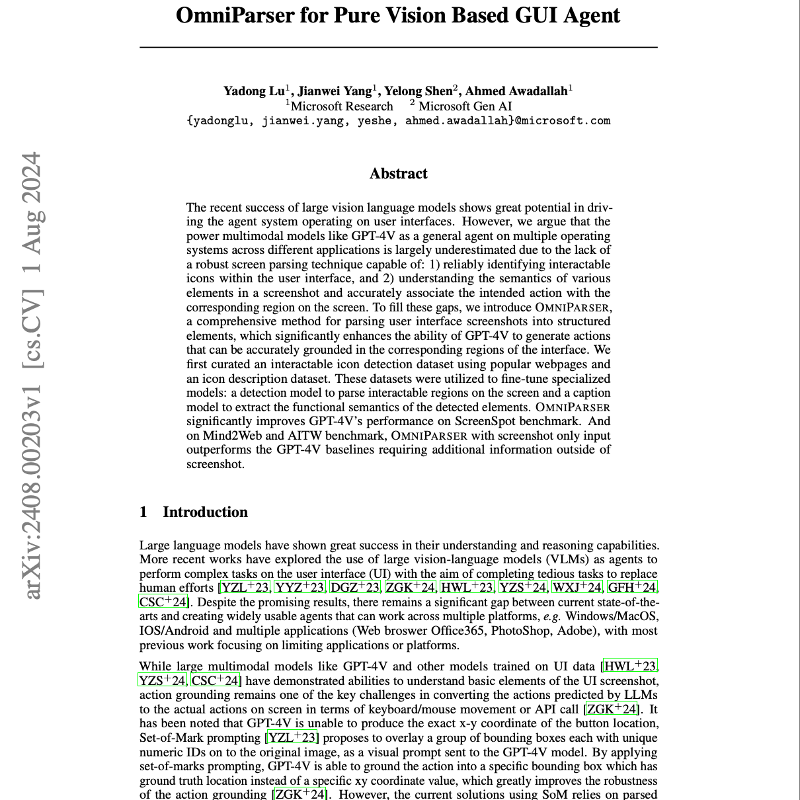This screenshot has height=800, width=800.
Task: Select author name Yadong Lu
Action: [254, 91]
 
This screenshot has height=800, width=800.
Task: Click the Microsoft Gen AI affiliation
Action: [465, 106]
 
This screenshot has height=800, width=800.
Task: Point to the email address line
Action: [399, 120]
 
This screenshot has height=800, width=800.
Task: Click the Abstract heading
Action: [399, 174]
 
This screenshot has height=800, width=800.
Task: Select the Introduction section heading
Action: [205, 512]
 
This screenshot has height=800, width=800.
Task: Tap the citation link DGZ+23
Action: [355, 588]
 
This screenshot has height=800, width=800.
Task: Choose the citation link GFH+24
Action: [632, 588]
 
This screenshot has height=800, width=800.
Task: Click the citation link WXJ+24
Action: [577, 588]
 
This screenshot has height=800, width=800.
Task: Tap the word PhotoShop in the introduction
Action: [521, 631]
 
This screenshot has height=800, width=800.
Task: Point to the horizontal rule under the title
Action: [399, 48]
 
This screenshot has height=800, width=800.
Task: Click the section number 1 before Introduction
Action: [143, 512]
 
